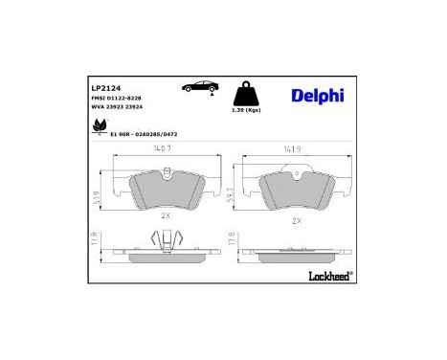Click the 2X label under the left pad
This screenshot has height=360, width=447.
[165, 216]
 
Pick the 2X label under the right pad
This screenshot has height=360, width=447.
[296, 221]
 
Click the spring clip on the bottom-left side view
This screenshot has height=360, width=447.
[164, 243]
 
